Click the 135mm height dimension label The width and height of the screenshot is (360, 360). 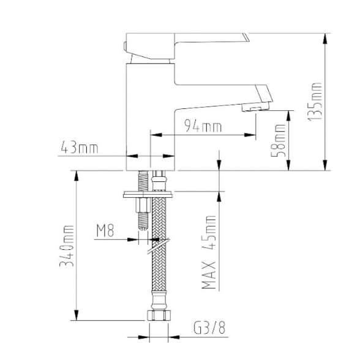click(314, 101)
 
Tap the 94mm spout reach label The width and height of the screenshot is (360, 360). click(203, 126)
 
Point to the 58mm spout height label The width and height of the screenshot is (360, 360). click(278, 141)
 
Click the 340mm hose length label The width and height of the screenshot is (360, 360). click(67, 246)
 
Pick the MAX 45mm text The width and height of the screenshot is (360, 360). click(209, 252)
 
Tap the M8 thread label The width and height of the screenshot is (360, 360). click(105, 231)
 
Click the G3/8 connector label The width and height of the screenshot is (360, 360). click(209, 328)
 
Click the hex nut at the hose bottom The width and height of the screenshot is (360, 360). click(159, 315)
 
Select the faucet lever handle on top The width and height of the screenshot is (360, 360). click(186, 45)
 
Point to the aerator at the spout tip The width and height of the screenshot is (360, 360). click(255, 108)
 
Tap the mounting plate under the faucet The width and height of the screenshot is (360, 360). click(148, 194)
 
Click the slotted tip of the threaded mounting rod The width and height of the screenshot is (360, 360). click(143, 228)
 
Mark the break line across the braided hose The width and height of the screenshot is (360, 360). click(159, 246)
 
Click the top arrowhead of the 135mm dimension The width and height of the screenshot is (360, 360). click(325, 38)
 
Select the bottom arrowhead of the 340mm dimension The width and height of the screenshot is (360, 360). click(77, 315)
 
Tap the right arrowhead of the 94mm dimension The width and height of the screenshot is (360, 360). click(250, 135)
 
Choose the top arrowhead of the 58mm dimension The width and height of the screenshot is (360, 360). click(288, 116)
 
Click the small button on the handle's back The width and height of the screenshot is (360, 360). click(125, 46)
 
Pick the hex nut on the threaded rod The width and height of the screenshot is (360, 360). click(143, 205)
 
